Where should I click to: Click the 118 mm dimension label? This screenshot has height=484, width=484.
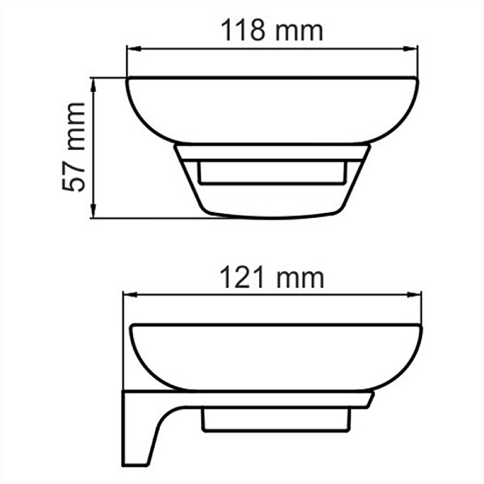(272, 31)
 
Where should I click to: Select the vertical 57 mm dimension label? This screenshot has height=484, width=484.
(77, 147)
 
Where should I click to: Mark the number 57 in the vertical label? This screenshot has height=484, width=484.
(77, 177)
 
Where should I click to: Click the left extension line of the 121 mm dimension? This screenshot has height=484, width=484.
(123, 339)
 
